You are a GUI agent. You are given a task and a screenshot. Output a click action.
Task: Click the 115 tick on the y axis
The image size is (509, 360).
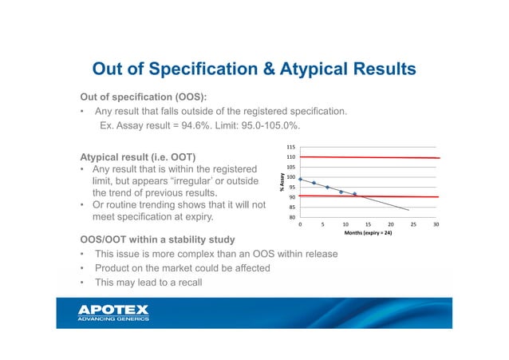click(290, 148)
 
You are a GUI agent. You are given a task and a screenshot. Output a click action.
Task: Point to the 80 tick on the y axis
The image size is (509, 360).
click(291, 216)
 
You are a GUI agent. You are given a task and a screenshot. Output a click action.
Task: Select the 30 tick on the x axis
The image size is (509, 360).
click(436, 225)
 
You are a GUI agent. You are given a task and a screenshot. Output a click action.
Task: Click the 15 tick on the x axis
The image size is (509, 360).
click(368, 225)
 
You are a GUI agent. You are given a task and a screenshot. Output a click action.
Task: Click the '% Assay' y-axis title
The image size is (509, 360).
click(281, 182)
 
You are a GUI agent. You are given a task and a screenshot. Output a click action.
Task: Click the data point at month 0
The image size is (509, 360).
click(300, 180)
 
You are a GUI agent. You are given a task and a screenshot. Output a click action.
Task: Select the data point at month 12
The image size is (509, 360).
click(354, 194)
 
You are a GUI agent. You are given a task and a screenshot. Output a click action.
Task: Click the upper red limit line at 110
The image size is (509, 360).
click(367, 157)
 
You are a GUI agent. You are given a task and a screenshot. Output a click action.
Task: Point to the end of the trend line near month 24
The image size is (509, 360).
click(408, 210)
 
